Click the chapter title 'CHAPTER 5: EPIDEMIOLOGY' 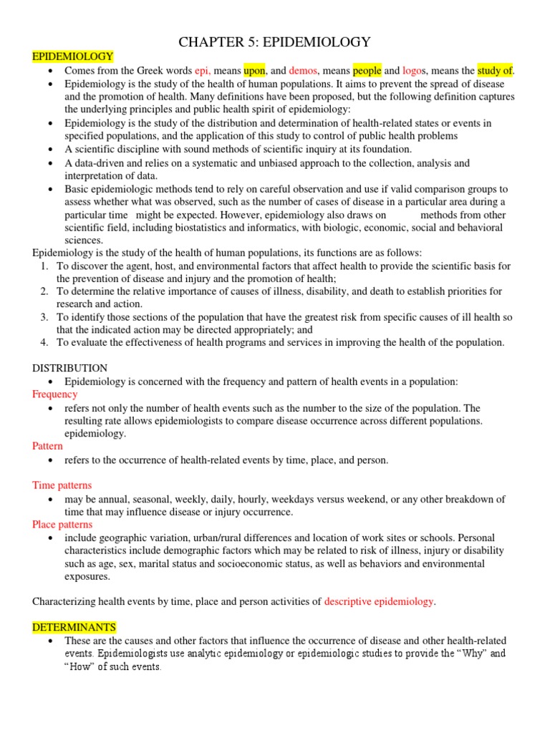pos(274,42)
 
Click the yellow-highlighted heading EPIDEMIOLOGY pos(73,57)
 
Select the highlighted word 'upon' pos(254,70)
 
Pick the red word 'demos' pos(304,70)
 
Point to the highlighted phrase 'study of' pos(496,70)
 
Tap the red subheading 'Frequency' pos(55,394)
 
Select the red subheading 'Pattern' pos(48,446)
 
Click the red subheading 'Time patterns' pos(62,485)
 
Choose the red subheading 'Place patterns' pos(63,525)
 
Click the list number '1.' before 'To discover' pos(44,266)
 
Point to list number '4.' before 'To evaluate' pos(44,343)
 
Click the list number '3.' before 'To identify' pos(44,317)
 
